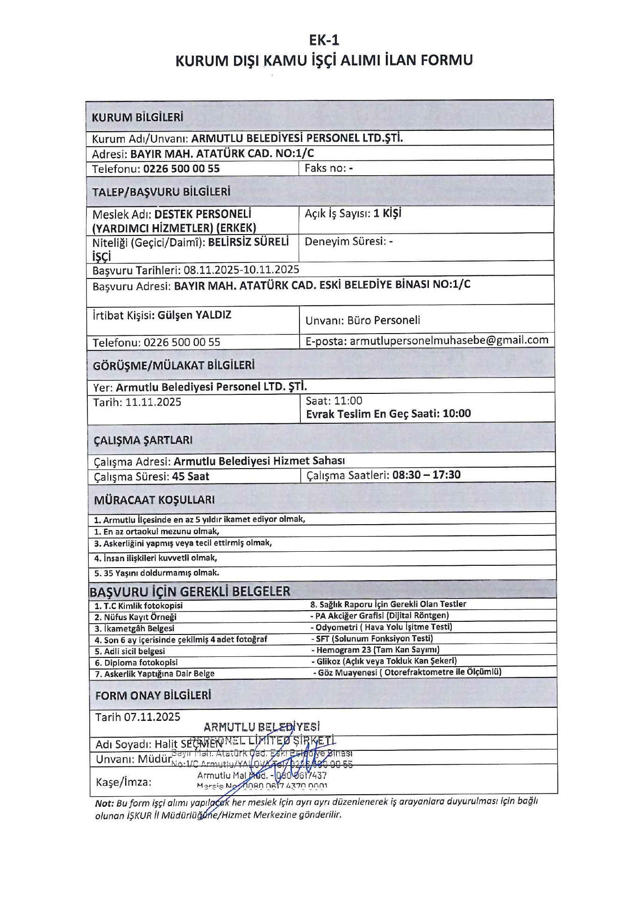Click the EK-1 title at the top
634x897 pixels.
click(324, 41)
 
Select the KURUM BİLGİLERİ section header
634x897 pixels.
click(137, 117)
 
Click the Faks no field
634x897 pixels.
click(328, 168)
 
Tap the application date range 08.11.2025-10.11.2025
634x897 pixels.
click(241, 270)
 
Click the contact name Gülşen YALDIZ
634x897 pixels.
click(194, 315)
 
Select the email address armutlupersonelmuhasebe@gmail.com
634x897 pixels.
click(449, 340)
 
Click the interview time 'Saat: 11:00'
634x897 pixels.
click(334, 401)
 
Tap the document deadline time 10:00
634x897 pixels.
click(456, 413)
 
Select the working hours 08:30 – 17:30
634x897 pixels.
click(426, 475)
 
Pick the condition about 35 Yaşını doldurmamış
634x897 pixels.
click(157, 573)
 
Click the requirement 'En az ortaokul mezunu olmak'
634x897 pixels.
click(157, 532)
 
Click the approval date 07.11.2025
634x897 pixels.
click(152, 717)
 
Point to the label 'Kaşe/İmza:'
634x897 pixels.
click(123, 782)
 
